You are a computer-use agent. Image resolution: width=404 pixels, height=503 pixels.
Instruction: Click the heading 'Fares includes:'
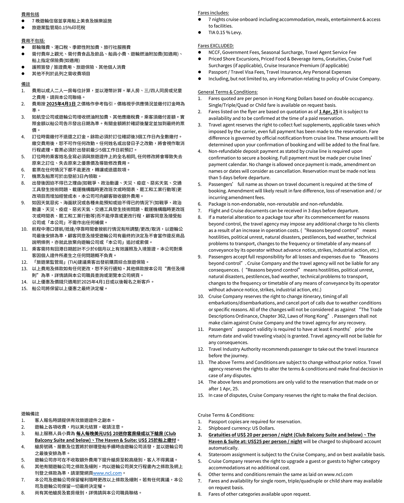(213, 13)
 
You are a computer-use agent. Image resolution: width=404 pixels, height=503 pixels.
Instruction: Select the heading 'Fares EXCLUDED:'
(215, 45)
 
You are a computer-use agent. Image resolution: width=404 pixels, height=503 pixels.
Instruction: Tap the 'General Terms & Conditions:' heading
(228, 92)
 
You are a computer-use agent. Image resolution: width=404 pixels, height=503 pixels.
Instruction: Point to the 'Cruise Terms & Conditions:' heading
(226, 415)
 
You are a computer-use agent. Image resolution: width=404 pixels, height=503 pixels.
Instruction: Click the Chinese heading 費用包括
(30, 14)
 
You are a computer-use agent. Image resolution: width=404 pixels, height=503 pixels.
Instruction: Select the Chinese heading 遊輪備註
(30, 414)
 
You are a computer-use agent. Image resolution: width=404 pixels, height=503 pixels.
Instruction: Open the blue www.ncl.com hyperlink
(107, 473)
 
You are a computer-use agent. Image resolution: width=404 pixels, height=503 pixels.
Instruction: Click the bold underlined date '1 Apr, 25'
(329, 112)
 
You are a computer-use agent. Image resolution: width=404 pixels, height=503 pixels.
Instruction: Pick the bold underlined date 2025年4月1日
(61, 104)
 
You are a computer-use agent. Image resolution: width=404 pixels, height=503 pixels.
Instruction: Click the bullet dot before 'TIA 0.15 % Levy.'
(200, 33)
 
